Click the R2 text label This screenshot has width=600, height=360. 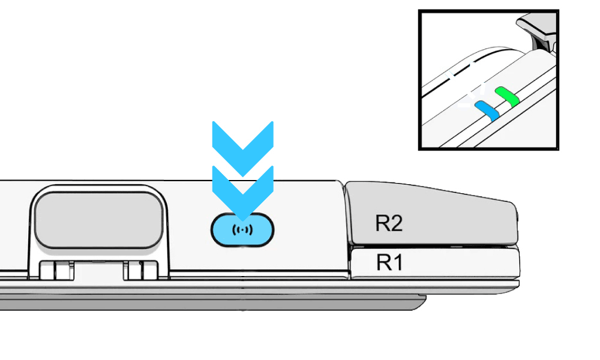tap(389, 223)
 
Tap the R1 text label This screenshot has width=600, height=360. tap(389, 263)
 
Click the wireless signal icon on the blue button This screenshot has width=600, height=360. tap(242, 230)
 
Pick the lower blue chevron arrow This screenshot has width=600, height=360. tap(243, 193)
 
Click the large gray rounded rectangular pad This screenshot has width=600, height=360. tap(99, 220)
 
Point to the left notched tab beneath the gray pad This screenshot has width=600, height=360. tap(57, 270)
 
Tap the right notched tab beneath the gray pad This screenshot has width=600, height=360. tap(140, 270)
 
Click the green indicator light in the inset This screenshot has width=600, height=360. tap(507, 97)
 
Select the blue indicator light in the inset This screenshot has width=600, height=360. tap(487, 110)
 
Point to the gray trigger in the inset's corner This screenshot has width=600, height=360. tap(539, 30)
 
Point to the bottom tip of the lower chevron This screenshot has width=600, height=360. tap(243, 220)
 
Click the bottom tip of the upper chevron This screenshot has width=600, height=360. tap(243, 176)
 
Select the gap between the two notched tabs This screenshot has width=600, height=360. tap(99, 271)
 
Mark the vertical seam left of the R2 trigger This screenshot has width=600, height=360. tap(346, 230)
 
